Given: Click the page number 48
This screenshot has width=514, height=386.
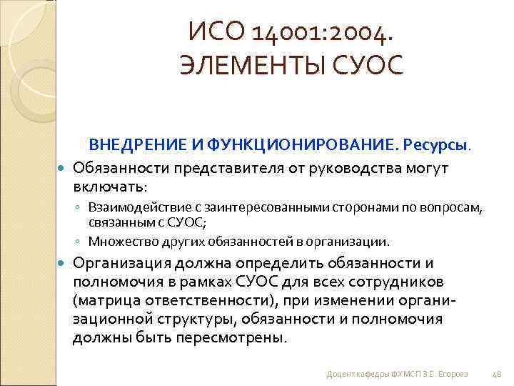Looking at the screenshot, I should [498, 374].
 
